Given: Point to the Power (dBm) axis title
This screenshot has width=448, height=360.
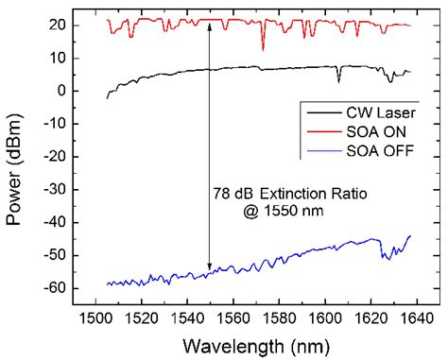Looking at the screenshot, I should [16, 156].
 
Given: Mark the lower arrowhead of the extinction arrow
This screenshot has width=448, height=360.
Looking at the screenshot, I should [209, 267].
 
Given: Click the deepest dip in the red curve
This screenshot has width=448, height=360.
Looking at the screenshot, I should [263, 49].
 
